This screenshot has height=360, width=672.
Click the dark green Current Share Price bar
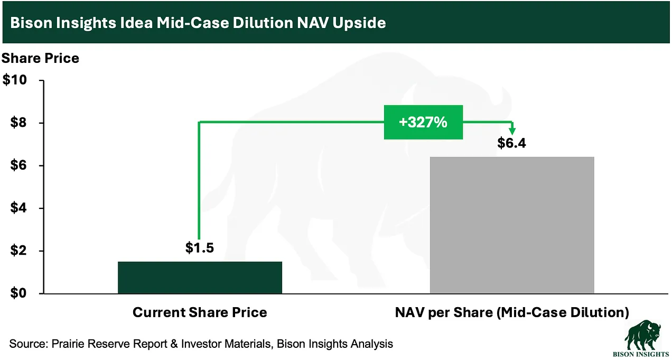pos(200,277)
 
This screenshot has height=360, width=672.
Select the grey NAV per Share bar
pos(511,225)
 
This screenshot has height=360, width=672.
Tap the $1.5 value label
pos(199,247)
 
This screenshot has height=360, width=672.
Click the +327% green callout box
pos(423,122)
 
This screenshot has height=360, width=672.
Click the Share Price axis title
pos(41,58)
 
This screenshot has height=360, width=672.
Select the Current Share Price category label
pos(200,312)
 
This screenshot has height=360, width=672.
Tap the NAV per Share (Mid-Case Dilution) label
pos(511,312)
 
